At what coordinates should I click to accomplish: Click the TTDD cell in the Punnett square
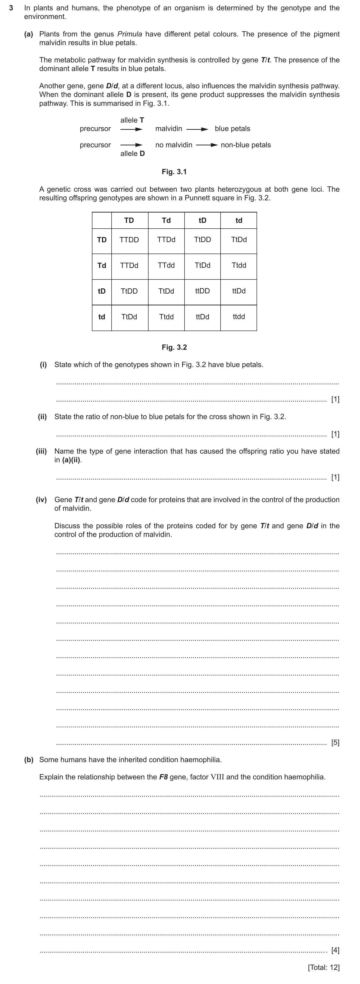129,240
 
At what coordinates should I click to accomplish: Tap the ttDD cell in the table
203,291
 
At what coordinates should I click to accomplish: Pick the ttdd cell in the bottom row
239,317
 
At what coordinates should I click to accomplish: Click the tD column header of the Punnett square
203,220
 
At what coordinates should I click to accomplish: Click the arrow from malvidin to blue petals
197,129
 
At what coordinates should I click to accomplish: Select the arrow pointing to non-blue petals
207,145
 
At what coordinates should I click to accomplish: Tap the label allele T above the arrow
132,120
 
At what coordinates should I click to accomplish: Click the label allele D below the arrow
132,154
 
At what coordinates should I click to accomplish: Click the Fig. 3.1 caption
174,172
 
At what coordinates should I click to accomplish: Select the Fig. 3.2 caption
174,347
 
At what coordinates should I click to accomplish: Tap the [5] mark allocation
335,743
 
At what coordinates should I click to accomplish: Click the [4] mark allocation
335,950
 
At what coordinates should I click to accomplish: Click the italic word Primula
130,34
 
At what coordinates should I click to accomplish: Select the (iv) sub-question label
41,500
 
